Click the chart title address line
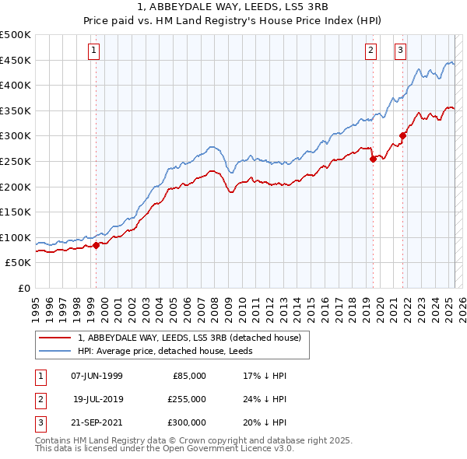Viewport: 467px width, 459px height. [233, 9]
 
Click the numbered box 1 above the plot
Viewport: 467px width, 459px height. [93, 51]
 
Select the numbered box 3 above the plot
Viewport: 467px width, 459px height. [400, 51]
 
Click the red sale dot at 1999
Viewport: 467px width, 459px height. [97, 245]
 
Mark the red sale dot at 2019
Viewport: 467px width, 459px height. [373, 159]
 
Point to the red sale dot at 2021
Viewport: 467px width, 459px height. [403, 136]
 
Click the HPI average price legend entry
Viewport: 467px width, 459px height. [170, 351]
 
